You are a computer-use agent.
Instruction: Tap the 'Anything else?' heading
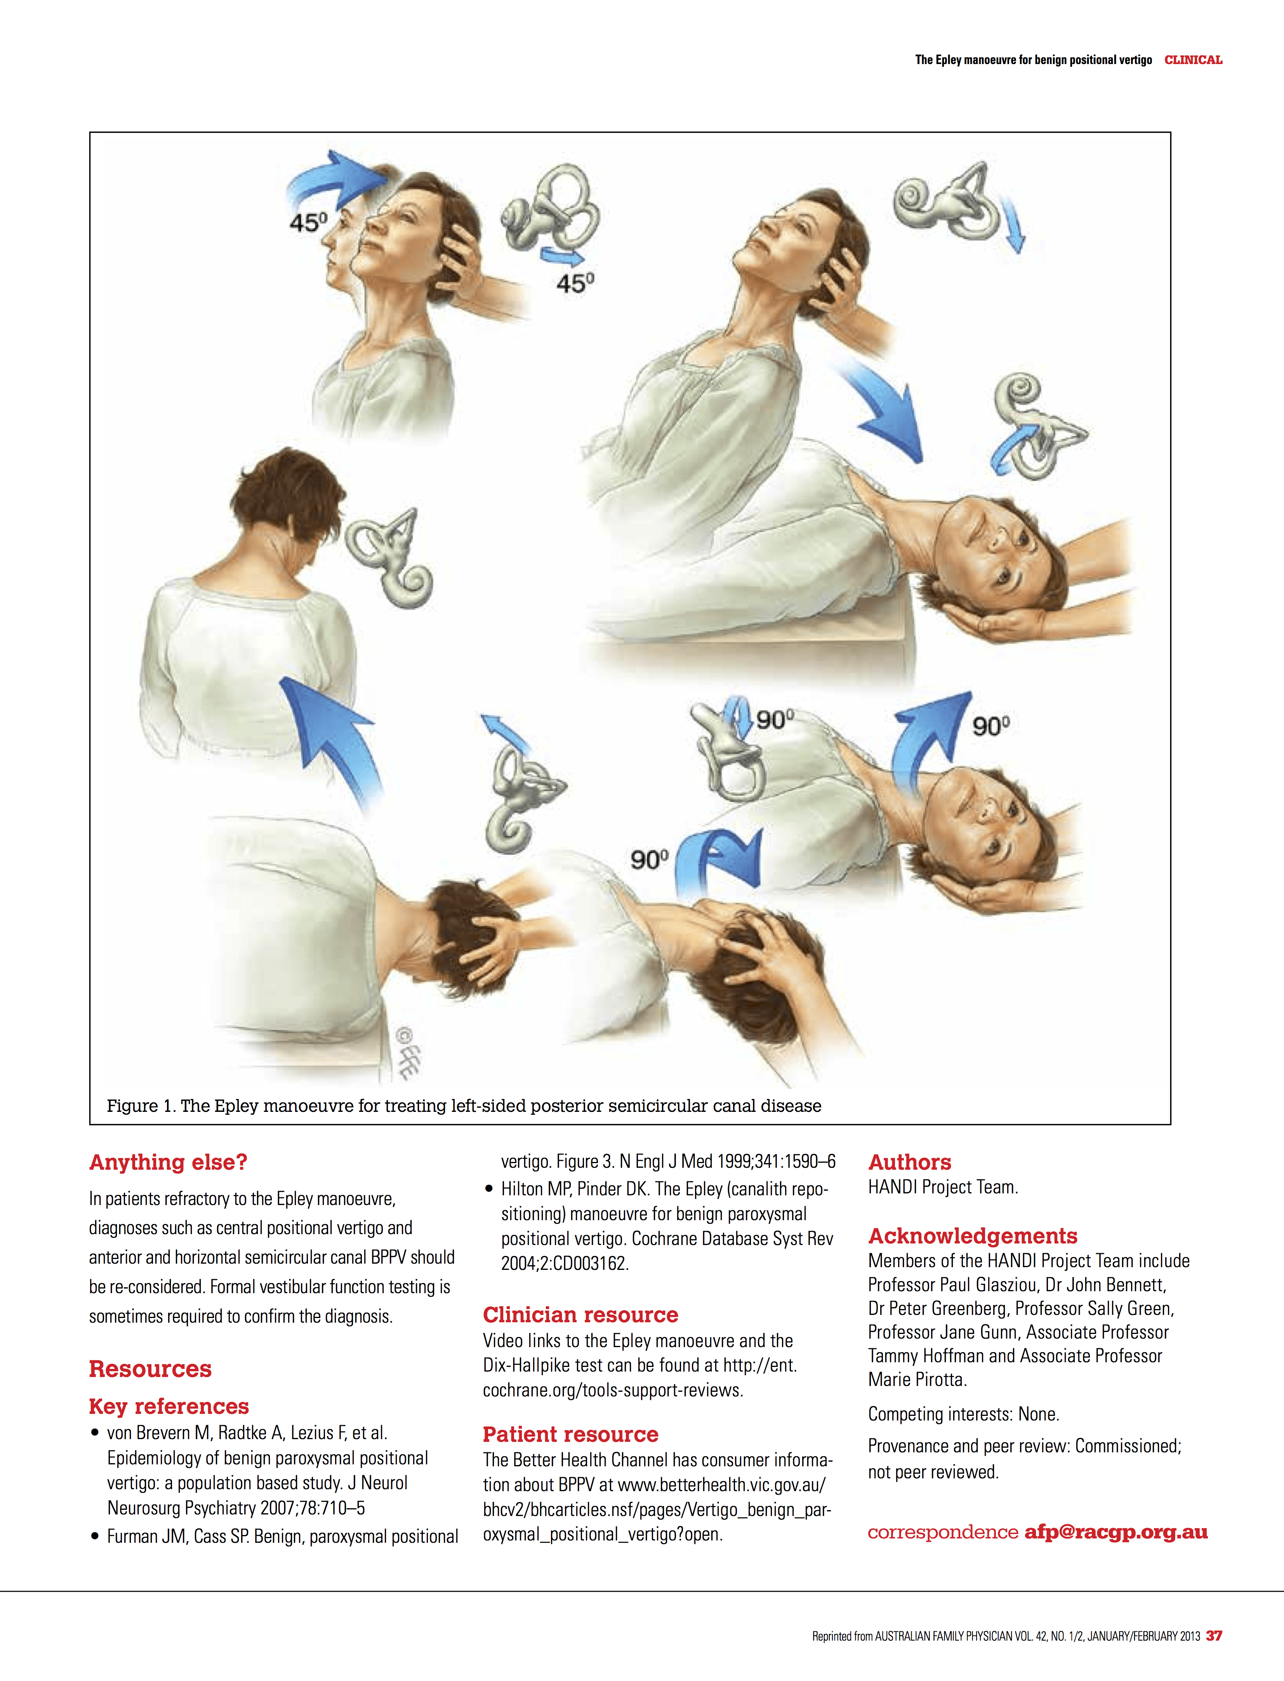coord(168,1162)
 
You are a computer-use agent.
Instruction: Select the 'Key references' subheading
coord(169,1406)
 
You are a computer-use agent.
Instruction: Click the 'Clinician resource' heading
coord(580,1314)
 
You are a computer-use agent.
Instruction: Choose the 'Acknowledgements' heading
coord(972,1236)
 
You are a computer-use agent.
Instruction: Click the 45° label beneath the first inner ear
coord(575,283)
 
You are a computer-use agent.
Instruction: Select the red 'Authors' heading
coord(909,1162)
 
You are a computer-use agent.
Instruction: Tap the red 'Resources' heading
coord(150,1368)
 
